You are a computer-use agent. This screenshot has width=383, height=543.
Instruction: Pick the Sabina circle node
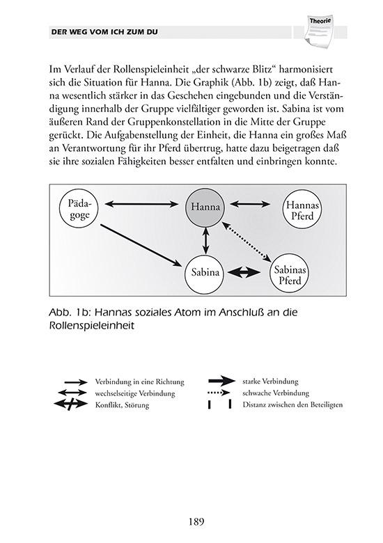point(205,272)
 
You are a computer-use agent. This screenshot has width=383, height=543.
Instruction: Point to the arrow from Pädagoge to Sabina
point(143,244)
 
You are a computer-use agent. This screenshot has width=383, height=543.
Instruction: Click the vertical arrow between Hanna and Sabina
point(205,240)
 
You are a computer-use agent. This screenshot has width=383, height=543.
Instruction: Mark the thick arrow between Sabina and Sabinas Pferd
point(247,272)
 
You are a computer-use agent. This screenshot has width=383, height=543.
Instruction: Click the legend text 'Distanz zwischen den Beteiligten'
point(292,404)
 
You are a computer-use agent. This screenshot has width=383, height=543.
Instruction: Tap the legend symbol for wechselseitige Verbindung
point(74,393)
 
